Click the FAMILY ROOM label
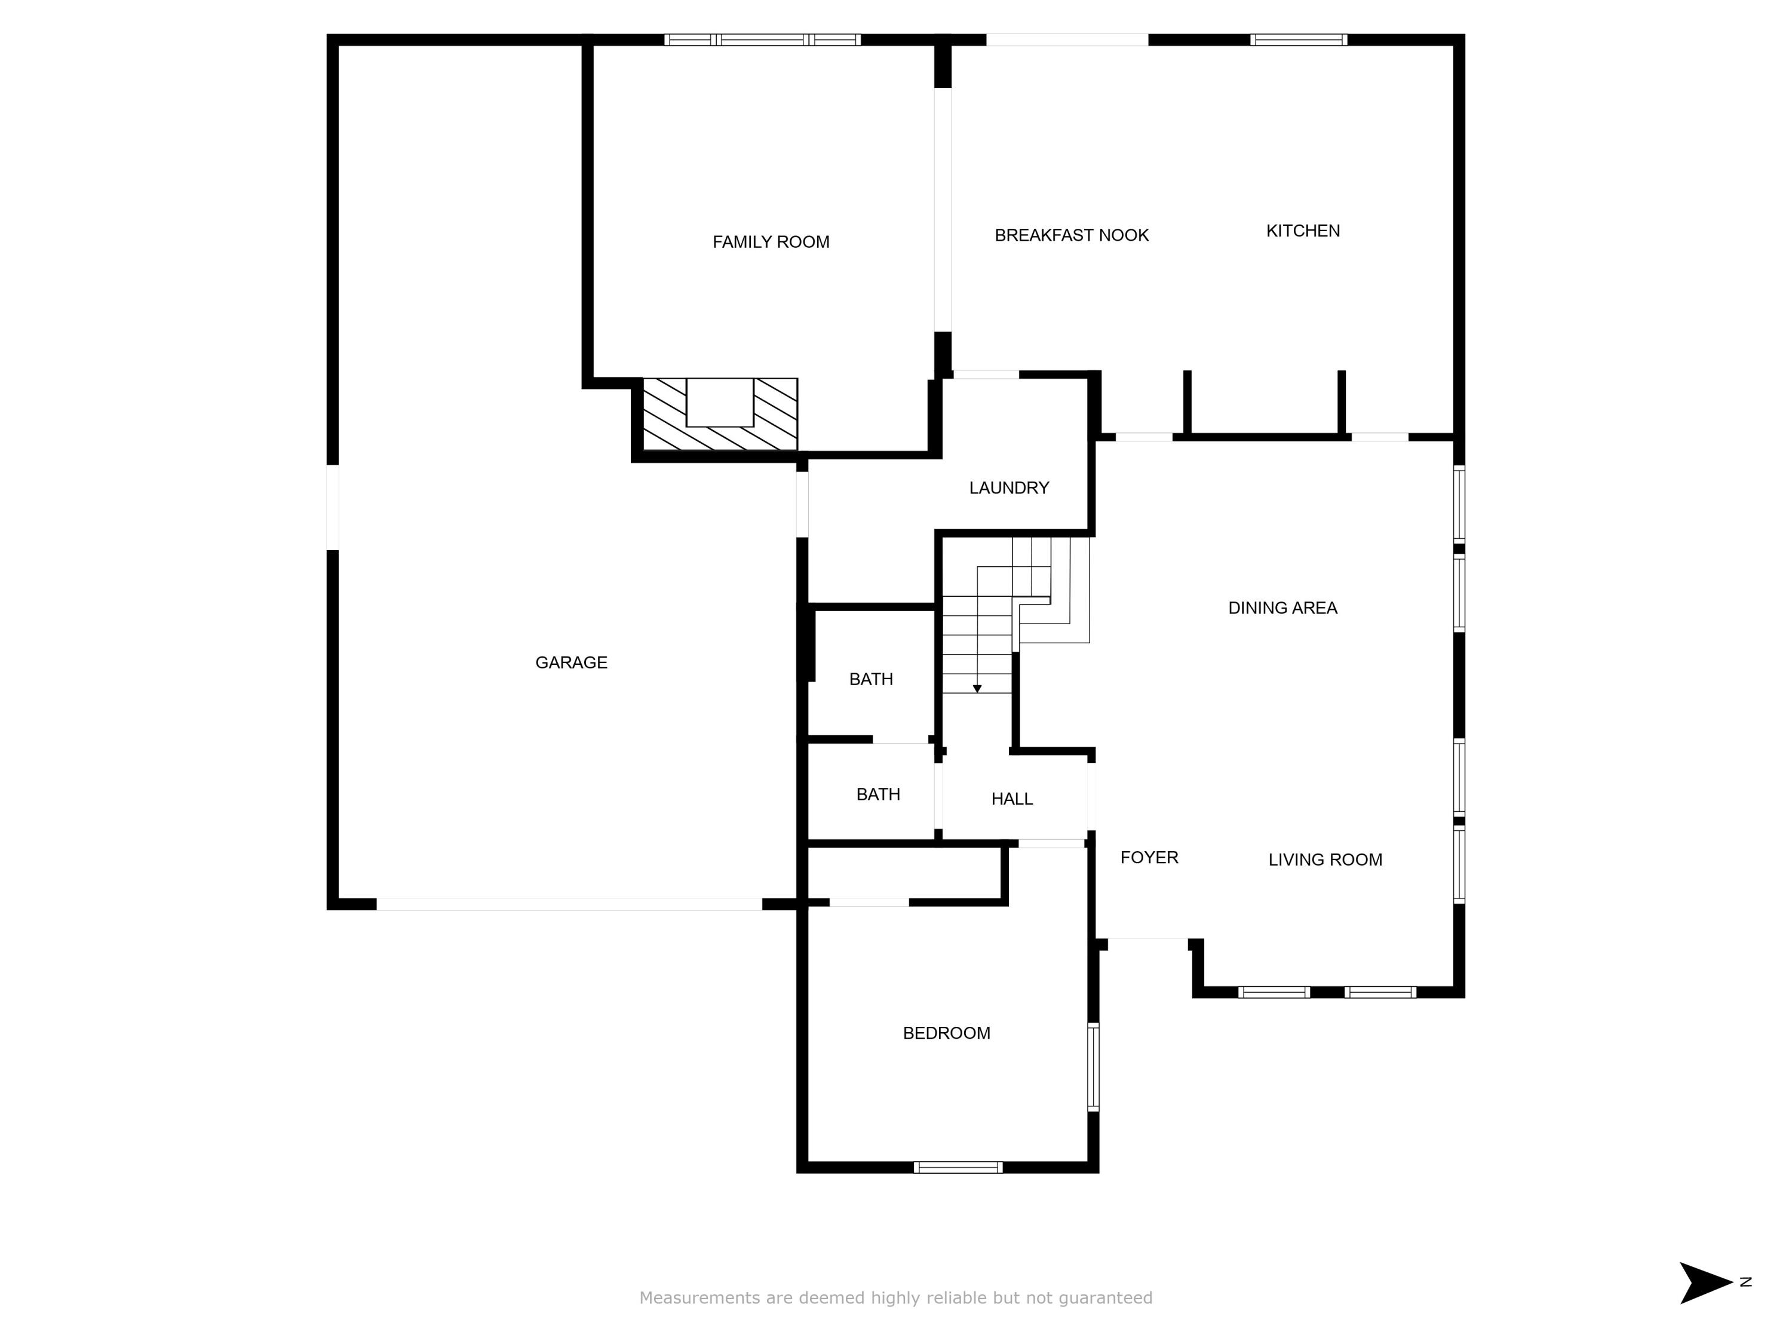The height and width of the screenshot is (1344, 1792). point(771,241)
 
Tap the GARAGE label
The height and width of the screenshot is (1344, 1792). point(571,662)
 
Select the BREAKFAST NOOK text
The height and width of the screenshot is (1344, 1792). point(1071,235)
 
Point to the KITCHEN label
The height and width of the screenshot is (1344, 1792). point(1303,231)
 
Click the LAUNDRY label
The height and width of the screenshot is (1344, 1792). point(1009,487)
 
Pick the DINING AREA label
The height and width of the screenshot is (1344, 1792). point(1282,607)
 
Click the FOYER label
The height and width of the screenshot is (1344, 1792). point(1149,857)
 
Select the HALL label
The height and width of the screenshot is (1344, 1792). point(1012,799)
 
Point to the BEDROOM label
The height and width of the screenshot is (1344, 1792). point(946,1033)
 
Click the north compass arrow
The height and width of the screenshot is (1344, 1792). point(1706,1282)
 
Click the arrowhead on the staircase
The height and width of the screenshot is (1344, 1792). point(977,689)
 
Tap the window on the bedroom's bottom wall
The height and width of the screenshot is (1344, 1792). point(958,1167)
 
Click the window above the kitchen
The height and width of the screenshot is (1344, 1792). point(1298,39)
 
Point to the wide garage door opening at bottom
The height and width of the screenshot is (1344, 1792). point(569,904)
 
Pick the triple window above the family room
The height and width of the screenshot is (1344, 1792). point(762,39)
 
